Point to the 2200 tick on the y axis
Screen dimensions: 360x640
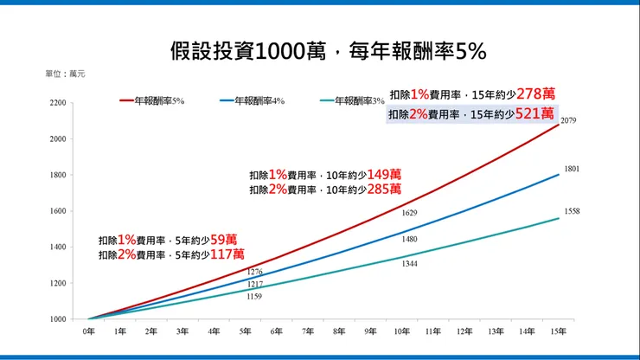tap(57, 103)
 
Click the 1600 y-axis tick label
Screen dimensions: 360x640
tap(57, 211)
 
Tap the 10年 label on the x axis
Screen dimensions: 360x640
tap(403, 331)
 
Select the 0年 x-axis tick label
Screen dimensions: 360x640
tap(88, 331)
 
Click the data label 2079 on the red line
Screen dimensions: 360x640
tap(568, 120)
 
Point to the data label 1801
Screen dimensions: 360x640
tap(571, 169)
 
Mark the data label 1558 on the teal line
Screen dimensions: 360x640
tap(571, 211)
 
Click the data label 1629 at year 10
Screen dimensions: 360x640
tap(410, 213)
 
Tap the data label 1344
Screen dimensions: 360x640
tap(410, 263)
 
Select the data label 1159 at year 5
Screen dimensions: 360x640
tap(254, 297)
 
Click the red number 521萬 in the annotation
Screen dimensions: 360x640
tap(535, 113)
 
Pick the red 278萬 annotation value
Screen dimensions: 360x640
tap(535, 93)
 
